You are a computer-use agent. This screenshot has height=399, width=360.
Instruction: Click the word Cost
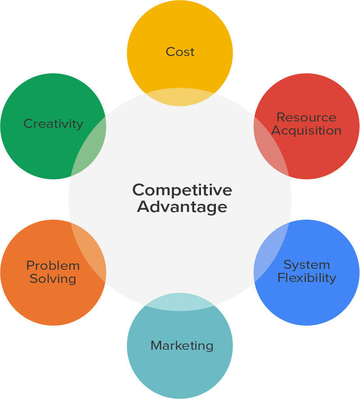pos(180,52)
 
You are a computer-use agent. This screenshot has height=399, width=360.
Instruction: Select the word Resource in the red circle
pos(306,117)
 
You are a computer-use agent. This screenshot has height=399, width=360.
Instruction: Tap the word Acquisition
pos(306,131)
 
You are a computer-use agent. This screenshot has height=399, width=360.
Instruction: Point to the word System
pos(306,265)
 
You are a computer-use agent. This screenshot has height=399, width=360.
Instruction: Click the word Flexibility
pos(306,277)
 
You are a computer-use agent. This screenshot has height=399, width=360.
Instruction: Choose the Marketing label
pos(182,346)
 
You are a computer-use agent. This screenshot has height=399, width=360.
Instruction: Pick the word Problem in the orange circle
pos(53,266)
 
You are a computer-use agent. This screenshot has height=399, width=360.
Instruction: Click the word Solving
pos(53,278)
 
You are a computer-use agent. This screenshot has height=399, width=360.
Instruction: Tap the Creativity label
pos(53,124)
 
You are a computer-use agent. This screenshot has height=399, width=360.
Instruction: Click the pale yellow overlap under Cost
pos(180,97)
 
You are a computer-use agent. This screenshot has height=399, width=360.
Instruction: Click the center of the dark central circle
pos(180,199)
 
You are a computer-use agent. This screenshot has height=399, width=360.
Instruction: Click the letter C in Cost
pos(170,52)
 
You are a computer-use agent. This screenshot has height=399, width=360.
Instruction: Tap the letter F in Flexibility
pos(281,277)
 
